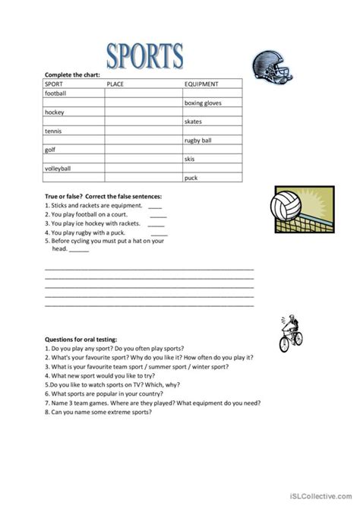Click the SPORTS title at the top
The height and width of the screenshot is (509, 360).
[x=144, y=55]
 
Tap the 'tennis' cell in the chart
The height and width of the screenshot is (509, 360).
[x=54, y=131]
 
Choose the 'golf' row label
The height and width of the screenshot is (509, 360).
[x=51, y=150]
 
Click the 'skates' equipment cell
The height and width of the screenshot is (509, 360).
[x=193, y=122]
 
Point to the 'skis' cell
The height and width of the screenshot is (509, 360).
[x=189, y=160]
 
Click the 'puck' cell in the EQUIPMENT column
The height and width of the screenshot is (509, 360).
[x=191, y=179]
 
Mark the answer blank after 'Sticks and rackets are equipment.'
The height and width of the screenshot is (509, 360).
[x=155, y=206]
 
